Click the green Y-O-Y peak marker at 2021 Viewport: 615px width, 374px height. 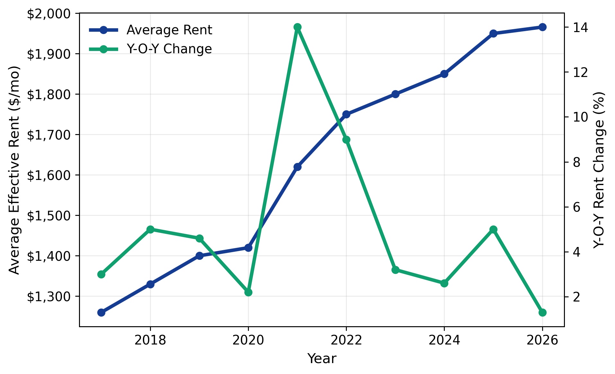[297, 27]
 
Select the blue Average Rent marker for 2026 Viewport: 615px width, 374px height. [542, 27]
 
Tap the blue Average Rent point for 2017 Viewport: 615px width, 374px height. [101, 312]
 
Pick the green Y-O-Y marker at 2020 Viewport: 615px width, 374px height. [248, 293]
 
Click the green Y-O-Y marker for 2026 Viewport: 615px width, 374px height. [542, 312]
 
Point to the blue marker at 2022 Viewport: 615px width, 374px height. [346, 114]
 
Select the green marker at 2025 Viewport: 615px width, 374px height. [494, 229]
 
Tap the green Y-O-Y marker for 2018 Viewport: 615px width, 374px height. [150, 229]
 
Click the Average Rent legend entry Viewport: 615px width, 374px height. [169, 30]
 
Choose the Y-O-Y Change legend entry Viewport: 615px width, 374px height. [169, 49]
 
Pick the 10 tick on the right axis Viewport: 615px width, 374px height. [581, 117]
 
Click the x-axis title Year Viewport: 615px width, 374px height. [322, 359]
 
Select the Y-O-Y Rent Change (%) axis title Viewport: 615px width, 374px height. [599, 170]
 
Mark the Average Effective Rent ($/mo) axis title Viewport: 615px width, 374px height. [14, 170]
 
